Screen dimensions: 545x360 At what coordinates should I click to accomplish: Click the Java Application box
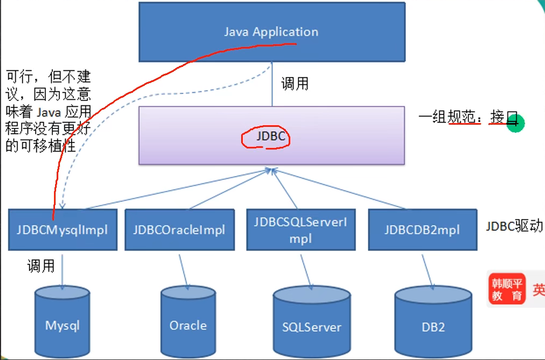tap(272, 32)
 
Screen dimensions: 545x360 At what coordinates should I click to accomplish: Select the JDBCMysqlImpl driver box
tap(63, 230)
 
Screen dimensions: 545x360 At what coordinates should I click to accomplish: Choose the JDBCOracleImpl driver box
tap(180, 230)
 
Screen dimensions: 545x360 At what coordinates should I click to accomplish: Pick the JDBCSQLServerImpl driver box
tap(301, 230)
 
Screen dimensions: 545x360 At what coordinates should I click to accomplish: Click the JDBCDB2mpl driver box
tap(423, 230)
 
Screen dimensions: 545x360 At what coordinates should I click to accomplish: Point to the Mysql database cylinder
tap(63, 322)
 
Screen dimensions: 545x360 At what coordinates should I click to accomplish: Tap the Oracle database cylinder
tap(188, 322)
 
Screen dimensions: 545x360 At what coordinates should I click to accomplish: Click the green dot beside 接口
tap(515, 124)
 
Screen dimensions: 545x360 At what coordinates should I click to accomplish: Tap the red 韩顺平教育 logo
tap(507, 289)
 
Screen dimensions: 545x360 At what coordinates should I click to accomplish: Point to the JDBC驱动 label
tap(514, 226)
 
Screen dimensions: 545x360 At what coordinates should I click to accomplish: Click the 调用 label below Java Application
tap(295, 84)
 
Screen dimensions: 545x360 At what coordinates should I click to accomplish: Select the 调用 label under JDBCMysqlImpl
tap(41, 266)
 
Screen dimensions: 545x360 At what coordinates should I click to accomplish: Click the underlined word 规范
tap(461, 117)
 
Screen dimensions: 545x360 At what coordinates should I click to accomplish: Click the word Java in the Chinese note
tap(49, 112)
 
